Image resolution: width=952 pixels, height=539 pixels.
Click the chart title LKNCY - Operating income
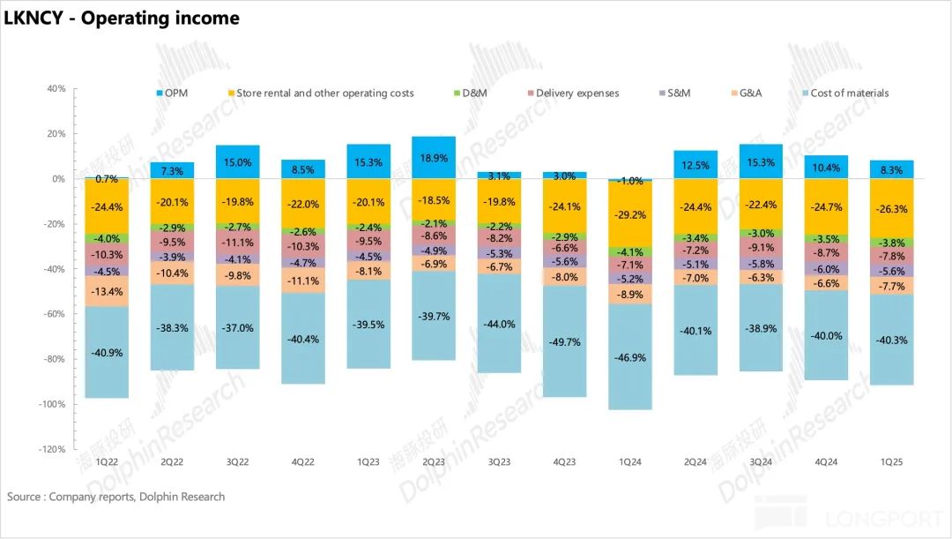click(x=122, y=18)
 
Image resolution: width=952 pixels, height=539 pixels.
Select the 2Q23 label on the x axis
click(x=434, y=462)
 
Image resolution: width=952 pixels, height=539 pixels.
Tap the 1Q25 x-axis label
click(x=892, y=462)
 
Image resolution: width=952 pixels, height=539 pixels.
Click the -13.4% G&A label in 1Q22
click(x=107, y=292)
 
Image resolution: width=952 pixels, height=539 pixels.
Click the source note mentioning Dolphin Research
click(x=115, y=497)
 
